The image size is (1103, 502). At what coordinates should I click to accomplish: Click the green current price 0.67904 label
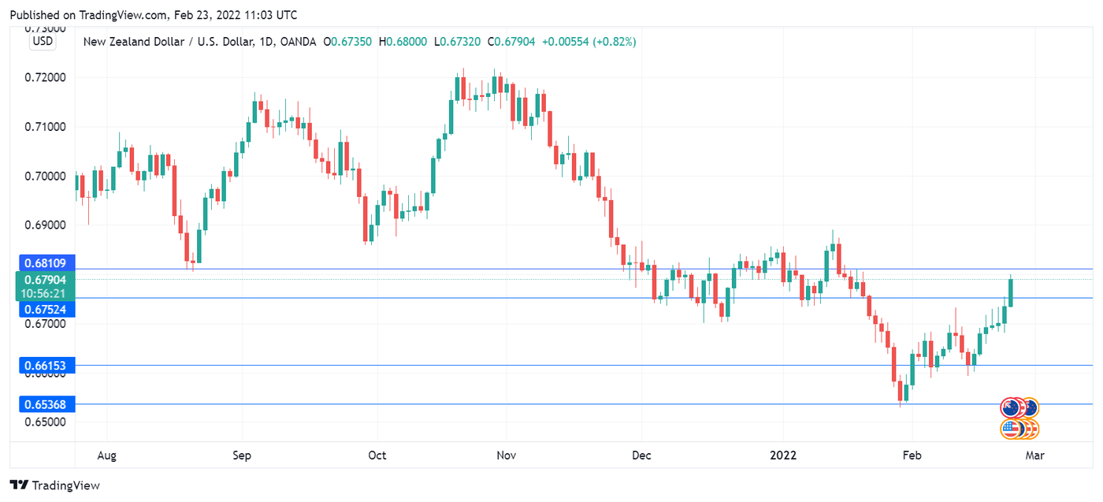point(45,280)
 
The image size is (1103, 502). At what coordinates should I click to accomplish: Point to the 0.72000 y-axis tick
point(45,77)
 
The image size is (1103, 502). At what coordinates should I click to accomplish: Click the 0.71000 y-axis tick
point(45,126)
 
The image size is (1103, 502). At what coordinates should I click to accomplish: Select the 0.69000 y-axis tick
point(45,225)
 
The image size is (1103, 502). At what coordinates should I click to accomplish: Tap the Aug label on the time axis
point(107,456)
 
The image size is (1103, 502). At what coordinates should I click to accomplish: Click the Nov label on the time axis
point(507,456)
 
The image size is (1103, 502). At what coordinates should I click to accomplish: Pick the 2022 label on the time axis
point(783,456)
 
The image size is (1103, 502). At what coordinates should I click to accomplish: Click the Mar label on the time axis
point(1034,456)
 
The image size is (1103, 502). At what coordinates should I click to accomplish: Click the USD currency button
point(43,41)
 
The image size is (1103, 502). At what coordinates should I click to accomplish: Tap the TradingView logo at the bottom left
point(55,485)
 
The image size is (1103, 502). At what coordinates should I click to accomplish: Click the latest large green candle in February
point(1010,292)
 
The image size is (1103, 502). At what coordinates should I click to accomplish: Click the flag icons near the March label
point(1019,418)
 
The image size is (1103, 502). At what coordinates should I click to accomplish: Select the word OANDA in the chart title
point(299,41)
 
